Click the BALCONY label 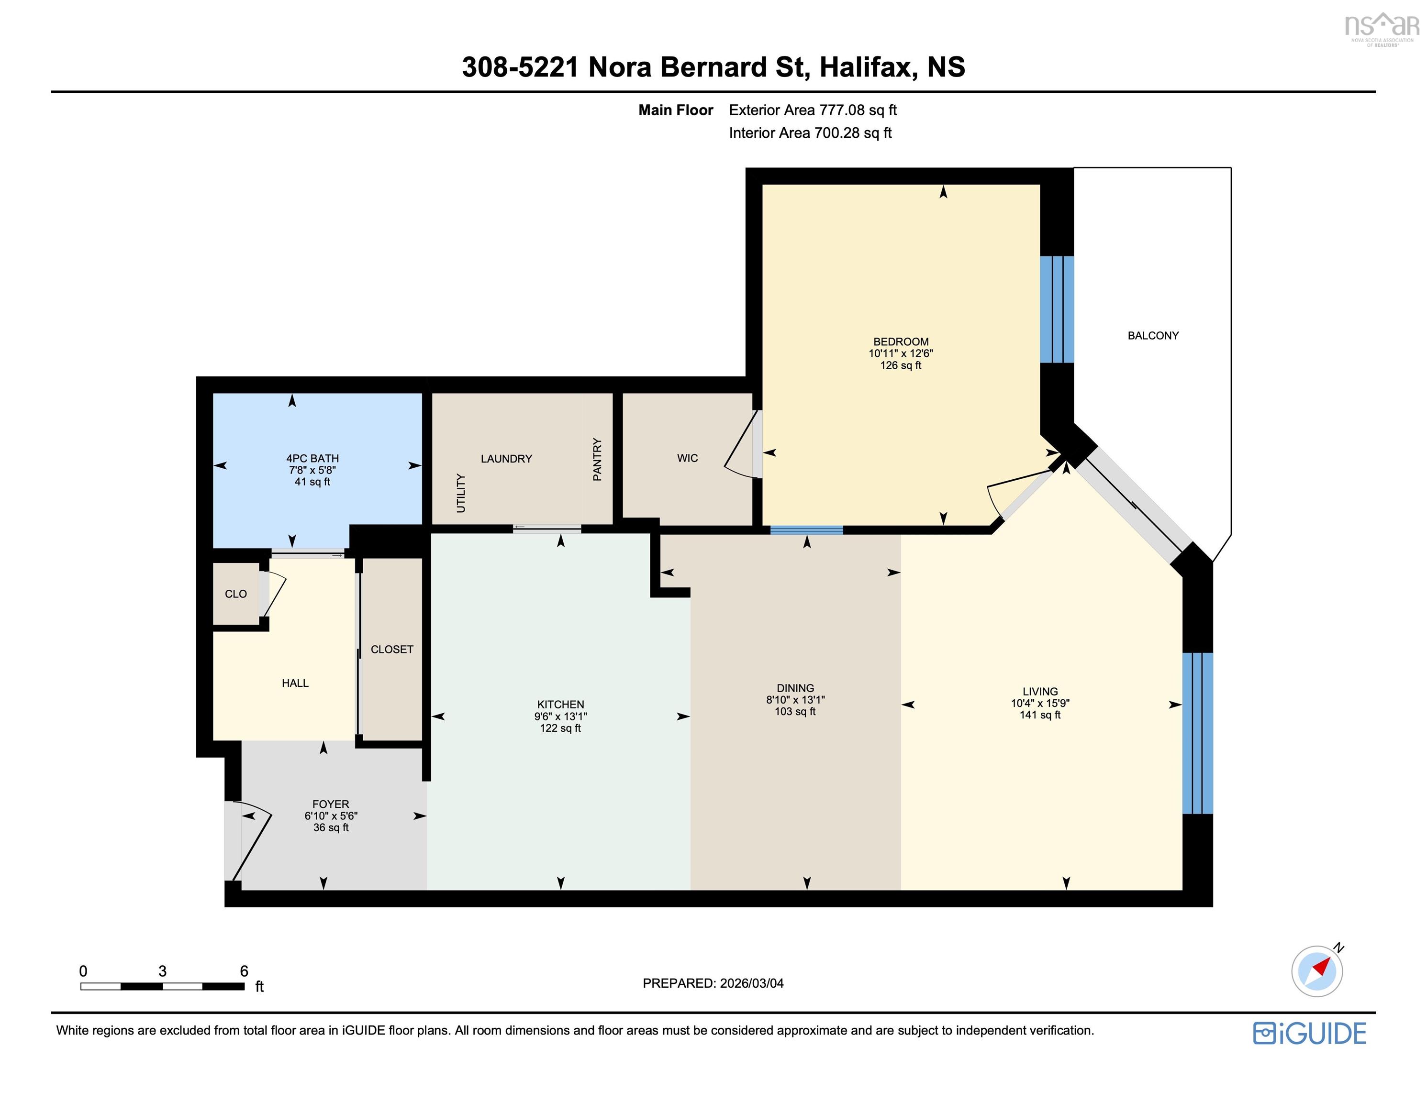[1153, 336]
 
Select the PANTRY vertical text [597, 459]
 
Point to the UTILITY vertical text [461, 493]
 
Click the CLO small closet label [236, 594]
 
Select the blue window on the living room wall [1197, 733]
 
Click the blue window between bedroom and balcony [1057, 309]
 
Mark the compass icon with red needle [1316, 971]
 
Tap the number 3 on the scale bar [163, 971]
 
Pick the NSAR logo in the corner [1381, 27]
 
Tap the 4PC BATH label [312, 459]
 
